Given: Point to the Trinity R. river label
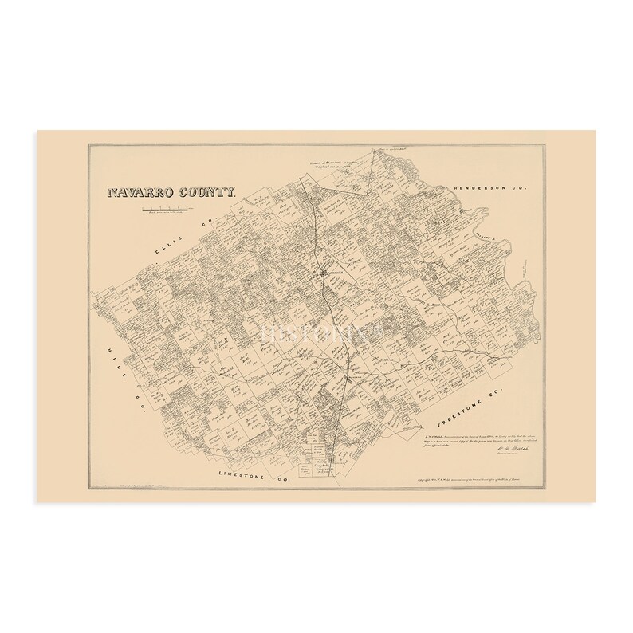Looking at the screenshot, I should (x=490, y=237).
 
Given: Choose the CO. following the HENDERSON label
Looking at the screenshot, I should (x=521, y=187).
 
